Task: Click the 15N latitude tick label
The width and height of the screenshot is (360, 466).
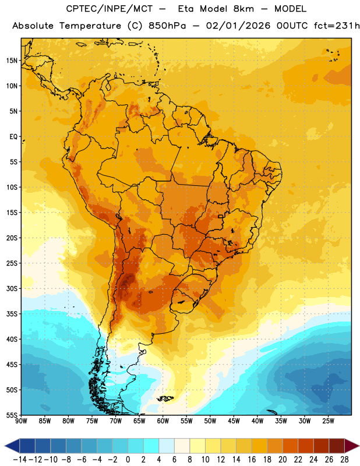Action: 12,61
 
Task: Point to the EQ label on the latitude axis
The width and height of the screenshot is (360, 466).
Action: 13,137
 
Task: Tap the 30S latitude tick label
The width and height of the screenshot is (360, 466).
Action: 12,288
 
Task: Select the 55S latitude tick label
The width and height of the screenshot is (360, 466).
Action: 12,415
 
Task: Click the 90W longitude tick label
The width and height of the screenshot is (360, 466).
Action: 21,421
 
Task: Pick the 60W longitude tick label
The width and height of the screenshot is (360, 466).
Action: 163,421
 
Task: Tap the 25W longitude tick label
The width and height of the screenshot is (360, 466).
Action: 328,421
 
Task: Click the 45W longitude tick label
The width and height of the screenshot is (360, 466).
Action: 234,421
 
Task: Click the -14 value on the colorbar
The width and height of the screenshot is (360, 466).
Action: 20,460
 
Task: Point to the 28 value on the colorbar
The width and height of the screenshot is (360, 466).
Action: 344,460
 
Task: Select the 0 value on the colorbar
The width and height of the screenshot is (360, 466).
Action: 128,460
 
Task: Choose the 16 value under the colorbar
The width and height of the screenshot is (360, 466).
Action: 252,460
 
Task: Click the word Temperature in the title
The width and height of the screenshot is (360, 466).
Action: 90,26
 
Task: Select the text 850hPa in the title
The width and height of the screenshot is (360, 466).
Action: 167,26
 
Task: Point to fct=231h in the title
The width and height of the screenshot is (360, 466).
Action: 337,26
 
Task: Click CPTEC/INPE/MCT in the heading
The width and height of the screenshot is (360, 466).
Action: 109,9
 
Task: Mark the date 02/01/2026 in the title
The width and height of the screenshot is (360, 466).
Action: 238,26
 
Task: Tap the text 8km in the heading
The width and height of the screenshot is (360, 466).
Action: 243,9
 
